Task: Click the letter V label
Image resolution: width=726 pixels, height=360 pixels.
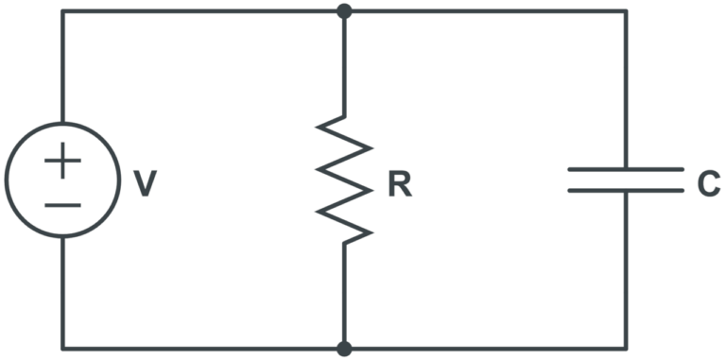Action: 145,183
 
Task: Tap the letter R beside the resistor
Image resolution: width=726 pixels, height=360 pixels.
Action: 400,184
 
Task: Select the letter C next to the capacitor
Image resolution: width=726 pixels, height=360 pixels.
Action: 708,184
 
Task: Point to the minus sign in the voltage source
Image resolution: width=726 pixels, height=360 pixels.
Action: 62,204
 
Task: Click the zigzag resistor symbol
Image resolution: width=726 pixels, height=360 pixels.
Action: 344,180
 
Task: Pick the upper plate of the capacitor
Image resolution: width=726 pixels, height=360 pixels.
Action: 625,170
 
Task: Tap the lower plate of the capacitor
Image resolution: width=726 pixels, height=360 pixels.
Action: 625,190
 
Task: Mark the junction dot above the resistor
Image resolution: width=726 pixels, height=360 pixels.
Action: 344,11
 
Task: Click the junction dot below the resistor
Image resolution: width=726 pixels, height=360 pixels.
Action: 344,349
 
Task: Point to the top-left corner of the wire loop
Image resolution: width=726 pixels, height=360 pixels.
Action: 62,11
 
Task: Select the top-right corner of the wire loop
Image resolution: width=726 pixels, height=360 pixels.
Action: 625,11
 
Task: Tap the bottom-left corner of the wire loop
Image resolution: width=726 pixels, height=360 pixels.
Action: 62,349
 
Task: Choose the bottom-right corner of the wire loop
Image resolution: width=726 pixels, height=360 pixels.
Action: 625,349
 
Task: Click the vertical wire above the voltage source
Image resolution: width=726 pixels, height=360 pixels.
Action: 62,66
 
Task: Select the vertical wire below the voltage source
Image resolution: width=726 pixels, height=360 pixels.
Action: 62,293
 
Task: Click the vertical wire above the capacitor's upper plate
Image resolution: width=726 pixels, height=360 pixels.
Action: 625,90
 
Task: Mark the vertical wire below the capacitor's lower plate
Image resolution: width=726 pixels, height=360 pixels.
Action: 625,269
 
